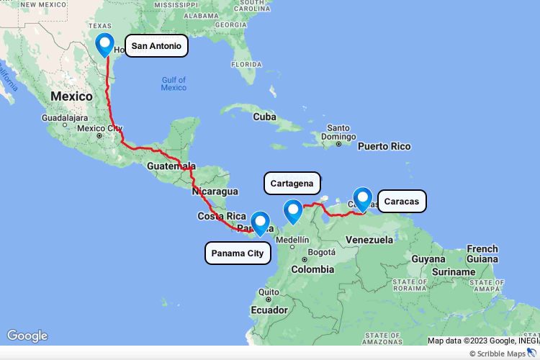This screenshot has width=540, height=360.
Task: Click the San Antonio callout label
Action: click(x=156, y=46)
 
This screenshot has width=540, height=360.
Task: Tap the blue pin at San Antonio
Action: click(x=105, y=44)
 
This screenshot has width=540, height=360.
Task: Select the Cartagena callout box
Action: click(x=292, y=184)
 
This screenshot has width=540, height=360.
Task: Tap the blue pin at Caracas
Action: click(x=363, y=197)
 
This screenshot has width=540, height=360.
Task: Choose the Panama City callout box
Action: click(x=238, y=253)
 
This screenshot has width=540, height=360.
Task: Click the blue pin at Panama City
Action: click(x=260, y=222)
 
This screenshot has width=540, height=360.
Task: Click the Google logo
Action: click(x=27, y=336)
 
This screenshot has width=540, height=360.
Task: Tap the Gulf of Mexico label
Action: click(x=174, y=84)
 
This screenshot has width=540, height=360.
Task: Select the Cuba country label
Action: click(x=265, y=116)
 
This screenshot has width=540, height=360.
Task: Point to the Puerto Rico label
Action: click(x=384, y=146)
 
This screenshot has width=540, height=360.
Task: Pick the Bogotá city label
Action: click(x=321, y=252)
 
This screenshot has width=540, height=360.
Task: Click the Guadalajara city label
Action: click(x=65, y=116)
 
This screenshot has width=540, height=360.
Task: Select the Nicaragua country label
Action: click(x=215, y=192)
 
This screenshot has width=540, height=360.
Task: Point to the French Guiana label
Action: click(x=482, y=253)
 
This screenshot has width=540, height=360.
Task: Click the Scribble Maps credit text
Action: click(x=500, y=354)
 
